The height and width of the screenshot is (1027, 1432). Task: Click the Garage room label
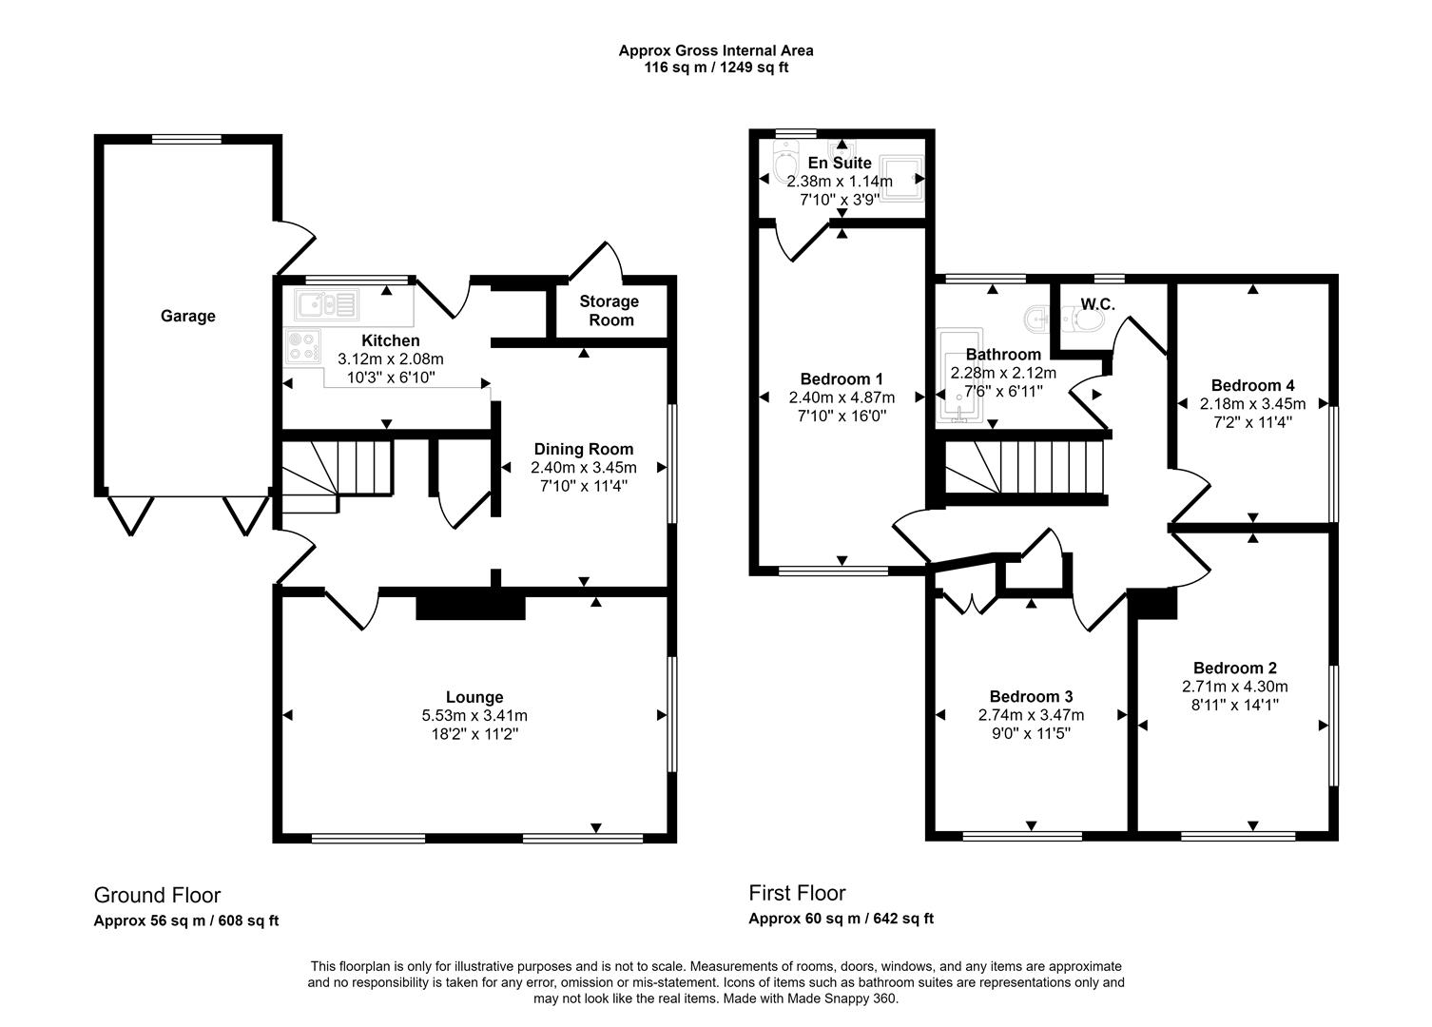187,317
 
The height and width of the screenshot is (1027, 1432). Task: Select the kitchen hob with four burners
303,346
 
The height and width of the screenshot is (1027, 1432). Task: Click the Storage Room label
610,311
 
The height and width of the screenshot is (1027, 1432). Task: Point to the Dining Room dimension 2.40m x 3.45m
583,468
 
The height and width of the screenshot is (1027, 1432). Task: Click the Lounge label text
474,697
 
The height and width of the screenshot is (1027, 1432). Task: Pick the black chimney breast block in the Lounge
471,606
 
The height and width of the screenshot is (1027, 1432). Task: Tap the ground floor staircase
336,473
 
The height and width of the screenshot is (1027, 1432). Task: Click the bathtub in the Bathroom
953,376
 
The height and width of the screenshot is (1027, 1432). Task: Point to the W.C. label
1097,304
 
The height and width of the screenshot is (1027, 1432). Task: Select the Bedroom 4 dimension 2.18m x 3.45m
1252,404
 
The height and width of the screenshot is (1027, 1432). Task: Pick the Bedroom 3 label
1031,696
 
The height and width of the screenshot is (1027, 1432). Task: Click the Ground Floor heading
157,895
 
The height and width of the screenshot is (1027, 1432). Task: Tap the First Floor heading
797,893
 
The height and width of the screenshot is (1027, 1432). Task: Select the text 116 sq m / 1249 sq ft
716,68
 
